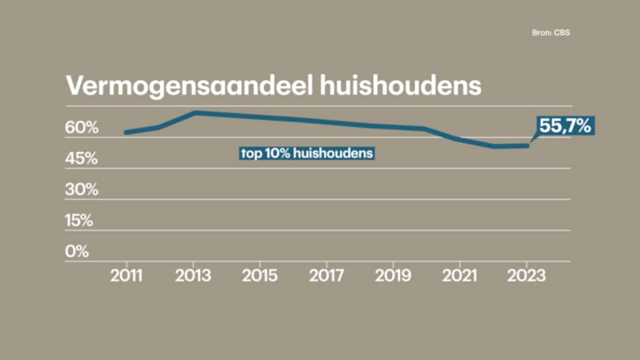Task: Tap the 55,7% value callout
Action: (x=565, y=126)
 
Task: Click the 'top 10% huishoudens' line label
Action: (x=307, y=152)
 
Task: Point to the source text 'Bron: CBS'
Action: (x=551, y=33)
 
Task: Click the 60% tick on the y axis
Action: (x=82, y=128)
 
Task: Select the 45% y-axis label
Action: (x=82, y=159)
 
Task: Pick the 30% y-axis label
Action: (x=82, y=190)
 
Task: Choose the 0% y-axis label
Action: (x=77, y=252)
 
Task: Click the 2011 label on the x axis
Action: (x=127, y=276)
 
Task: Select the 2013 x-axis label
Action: (x=194, y=276)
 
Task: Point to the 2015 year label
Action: (x=260, y=276)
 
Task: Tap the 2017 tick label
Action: (x=327, y=276)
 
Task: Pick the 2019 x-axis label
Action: (x=393, y=276)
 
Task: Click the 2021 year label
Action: (x=460, y=276)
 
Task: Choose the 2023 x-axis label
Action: (x=527, y=276)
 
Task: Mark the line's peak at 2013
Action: (x=194, y=112)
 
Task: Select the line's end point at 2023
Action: (x=527, y=146)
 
